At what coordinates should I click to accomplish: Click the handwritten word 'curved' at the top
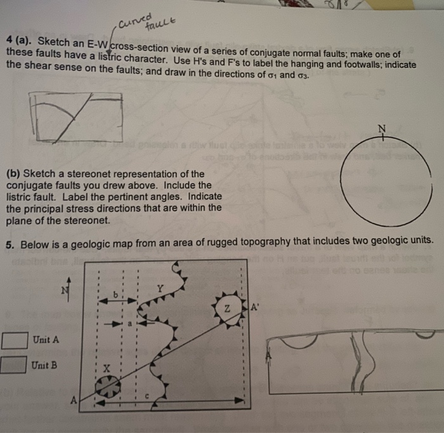[132, 19]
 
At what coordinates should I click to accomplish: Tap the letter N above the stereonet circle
[381, 129]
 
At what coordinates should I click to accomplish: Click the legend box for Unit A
[15, 340]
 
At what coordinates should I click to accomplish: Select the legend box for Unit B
[14, 365]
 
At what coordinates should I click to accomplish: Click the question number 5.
[10, 244]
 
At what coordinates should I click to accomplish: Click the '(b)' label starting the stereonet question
[13, 173]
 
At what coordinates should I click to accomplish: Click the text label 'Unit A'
[46, 340]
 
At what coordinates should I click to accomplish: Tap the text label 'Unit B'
[45, 365]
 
